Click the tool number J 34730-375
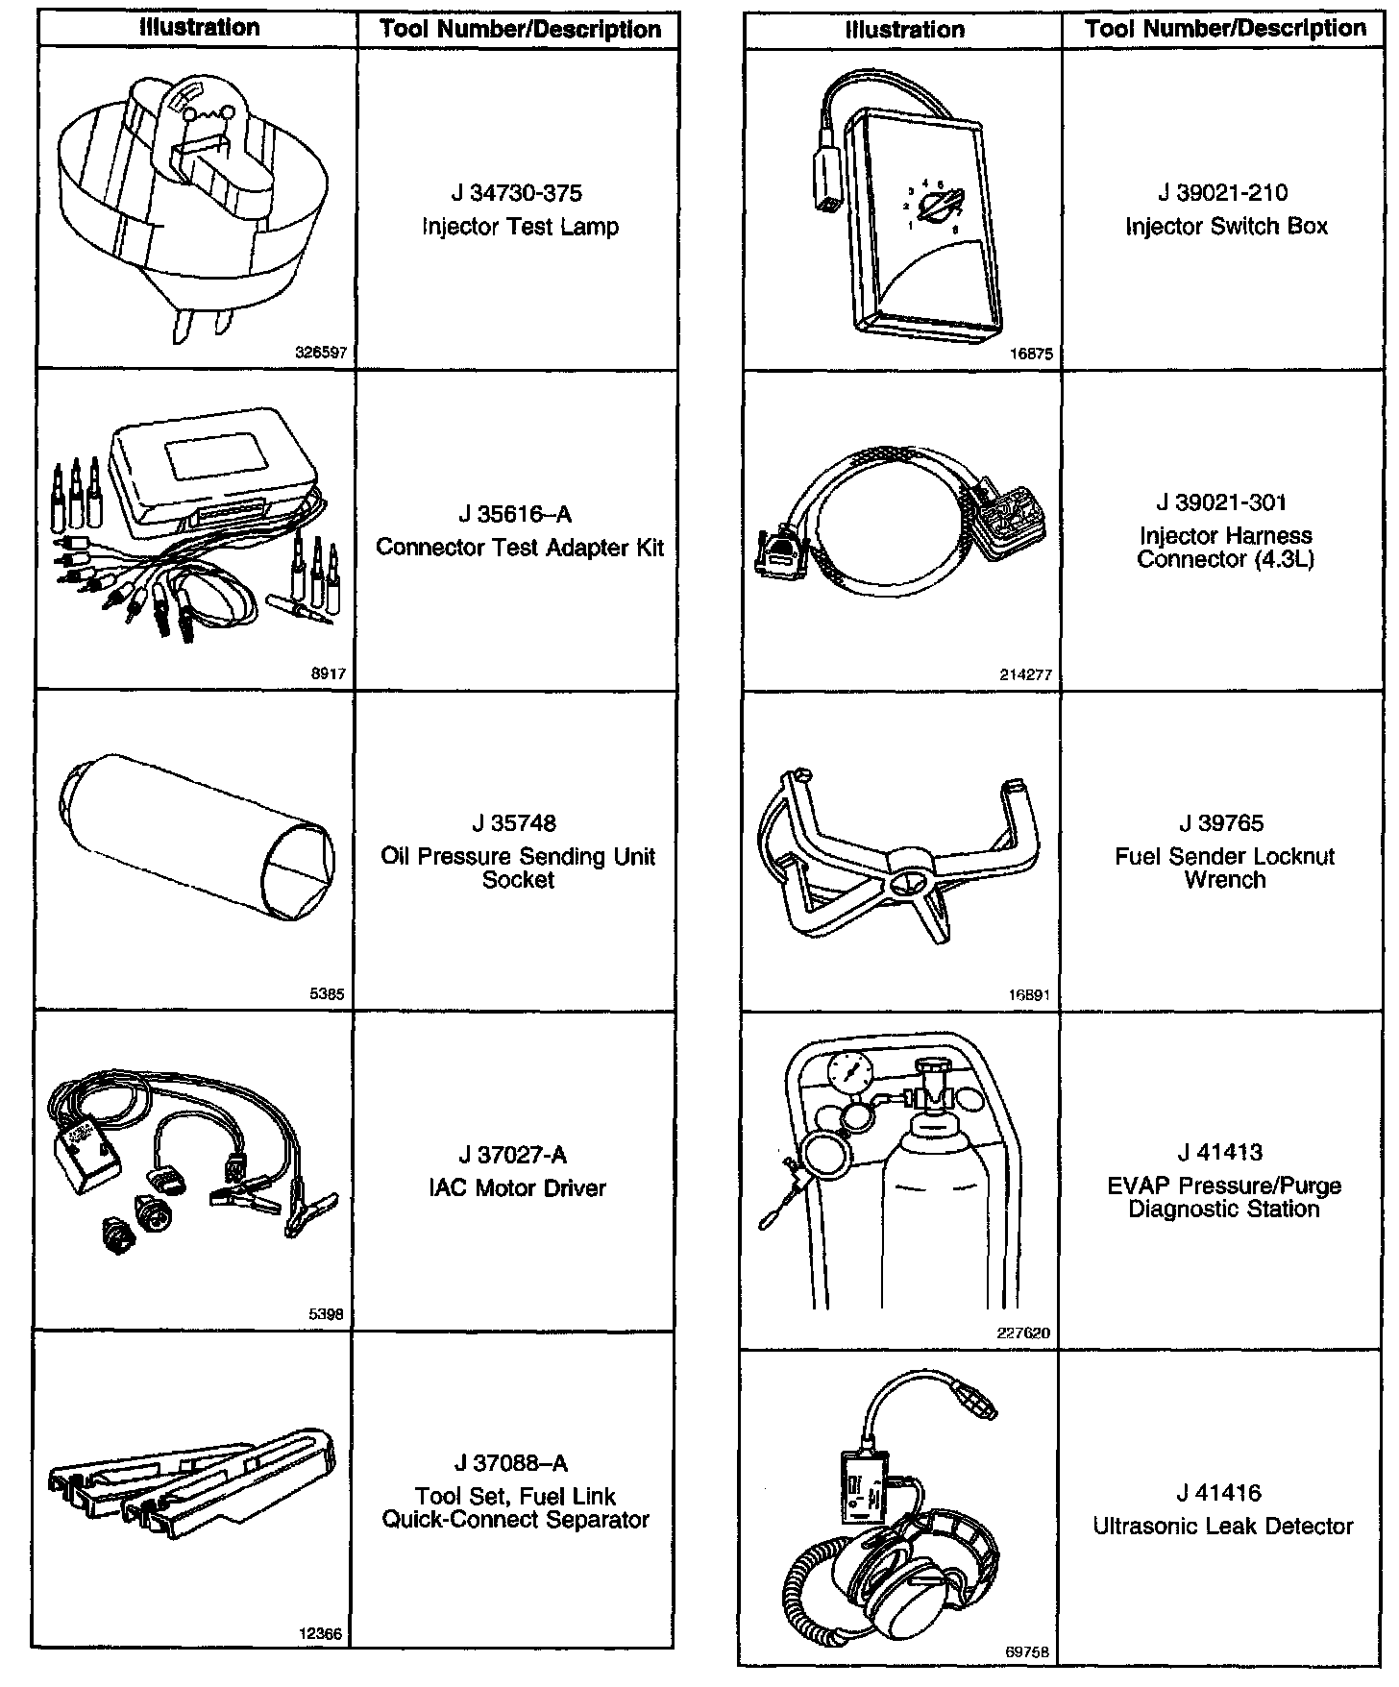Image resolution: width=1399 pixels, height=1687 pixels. click(x=517, y=194)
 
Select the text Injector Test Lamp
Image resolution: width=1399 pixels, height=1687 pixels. click(x=520, y=228)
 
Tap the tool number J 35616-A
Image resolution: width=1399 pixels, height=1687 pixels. click(x=515, y=515)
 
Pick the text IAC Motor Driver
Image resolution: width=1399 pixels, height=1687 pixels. click(x=517, y=1188)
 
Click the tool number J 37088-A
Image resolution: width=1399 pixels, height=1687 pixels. click(x=511, y=1463)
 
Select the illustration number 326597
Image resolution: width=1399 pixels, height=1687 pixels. click(x=320, y=353)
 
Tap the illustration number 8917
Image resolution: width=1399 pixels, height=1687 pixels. click(x=328, y=673)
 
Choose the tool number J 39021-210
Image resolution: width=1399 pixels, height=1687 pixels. click(x=1222, y=193)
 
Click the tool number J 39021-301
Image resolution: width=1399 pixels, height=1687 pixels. click(x=1221, y=502)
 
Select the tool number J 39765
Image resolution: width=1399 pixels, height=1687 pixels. click(x=1221, y=823)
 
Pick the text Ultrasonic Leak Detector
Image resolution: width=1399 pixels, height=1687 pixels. click(x=1222, y=1527)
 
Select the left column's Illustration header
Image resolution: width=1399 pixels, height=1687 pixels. click(x=200, y=28)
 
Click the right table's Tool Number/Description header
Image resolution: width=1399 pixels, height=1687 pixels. click(x=1225, y=29)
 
